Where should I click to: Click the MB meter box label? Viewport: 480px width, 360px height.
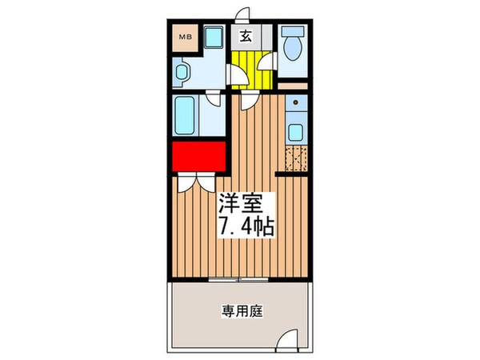click(x=183, y=37)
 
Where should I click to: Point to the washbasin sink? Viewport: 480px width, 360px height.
click(x=180, y=75)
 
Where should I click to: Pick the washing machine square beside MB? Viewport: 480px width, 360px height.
click(x=213, y=38)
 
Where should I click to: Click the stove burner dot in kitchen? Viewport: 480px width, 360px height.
click(x=295, y=103)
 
